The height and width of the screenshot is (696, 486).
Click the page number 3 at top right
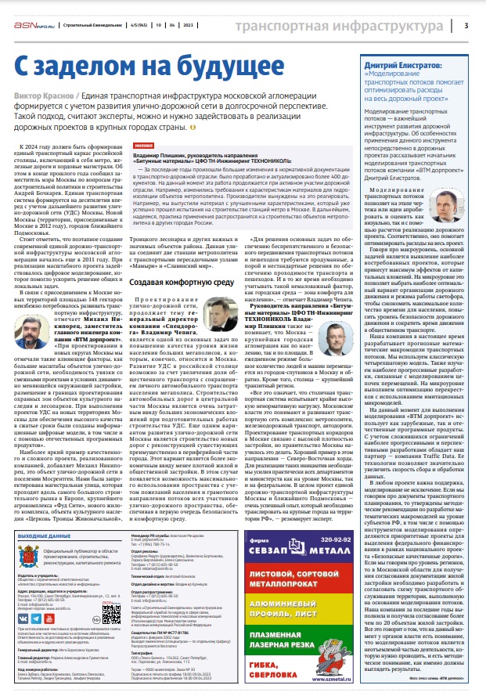click(466, 25)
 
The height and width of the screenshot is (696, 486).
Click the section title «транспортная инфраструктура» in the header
click(342, 25)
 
